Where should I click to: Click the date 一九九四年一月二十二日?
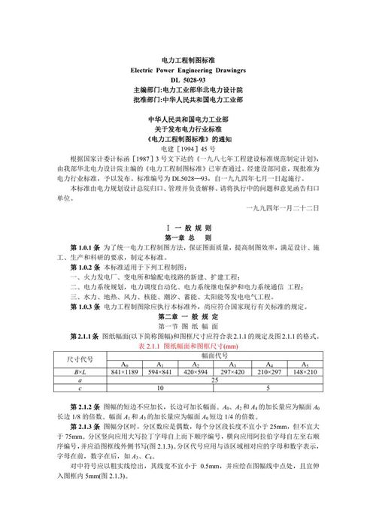284,207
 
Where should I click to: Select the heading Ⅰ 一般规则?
188,226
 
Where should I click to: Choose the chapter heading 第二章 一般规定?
188,316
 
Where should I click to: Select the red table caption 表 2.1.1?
188,347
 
